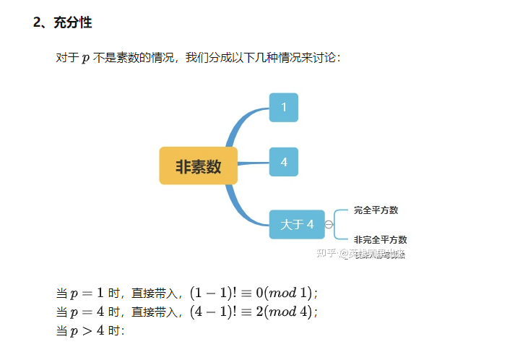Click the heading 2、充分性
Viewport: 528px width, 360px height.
(62, 23)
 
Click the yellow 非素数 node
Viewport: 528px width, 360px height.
(198, 166)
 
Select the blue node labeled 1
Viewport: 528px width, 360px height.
(284, 108)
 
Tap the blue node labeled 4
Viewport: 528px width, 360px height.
(284, 162)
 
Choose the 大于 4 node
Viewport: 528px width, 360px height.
(297, 225)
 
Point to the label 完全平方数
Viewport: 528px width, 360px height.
(376, 210)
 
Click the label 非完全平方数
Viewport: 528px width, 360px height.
(380, 239)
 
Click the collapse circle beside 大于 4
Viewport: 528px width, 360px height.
(329, 225)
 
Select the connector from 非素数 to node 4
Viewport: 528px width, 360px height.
(253, 163)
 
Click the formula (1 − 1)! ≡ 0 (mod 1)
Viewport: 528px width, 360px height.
(253, 293)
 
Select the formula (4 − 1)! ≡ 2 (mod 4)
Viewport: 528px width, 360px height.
(253, 312)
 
